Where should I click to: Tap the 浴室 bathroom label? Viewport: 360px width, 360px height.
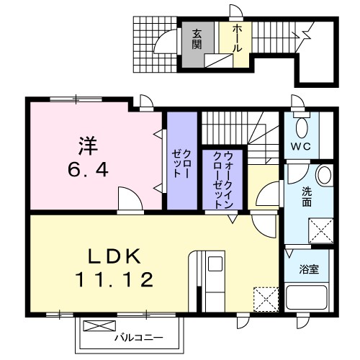point(311,269)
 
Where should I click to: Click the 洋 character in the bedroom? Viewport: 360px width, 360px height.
point(86,144)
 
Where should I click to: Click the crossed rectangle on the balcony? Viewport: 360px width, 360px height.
point(94,327)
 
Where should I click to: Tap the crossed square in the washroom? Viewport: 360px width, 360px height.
point(320,231)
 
